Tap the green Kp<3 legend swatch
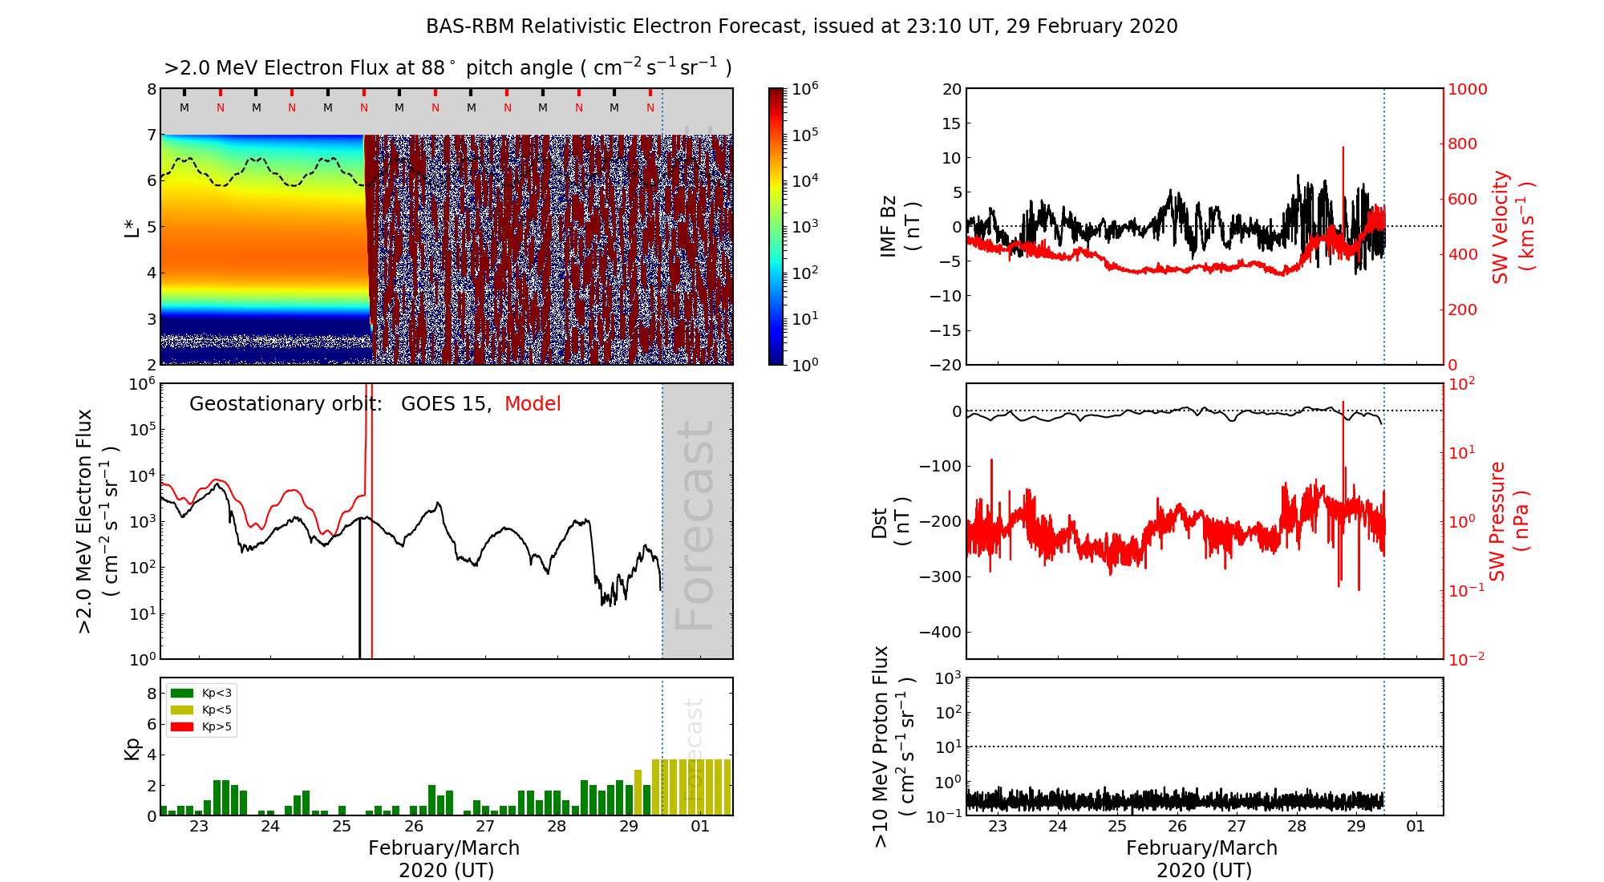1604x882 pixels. (182, 693)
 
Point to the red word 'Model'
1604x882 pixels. (533, 404)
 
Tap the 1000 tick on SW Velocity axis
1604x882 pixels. (1467, 89)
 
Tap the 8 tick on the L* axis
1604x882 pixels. (152, 89)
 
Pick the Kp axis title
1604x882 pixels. (132, 748)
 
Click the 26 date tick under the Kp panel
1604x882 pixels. (414, 827)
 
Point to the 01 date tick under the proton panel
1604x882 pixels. (1416, 827)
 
